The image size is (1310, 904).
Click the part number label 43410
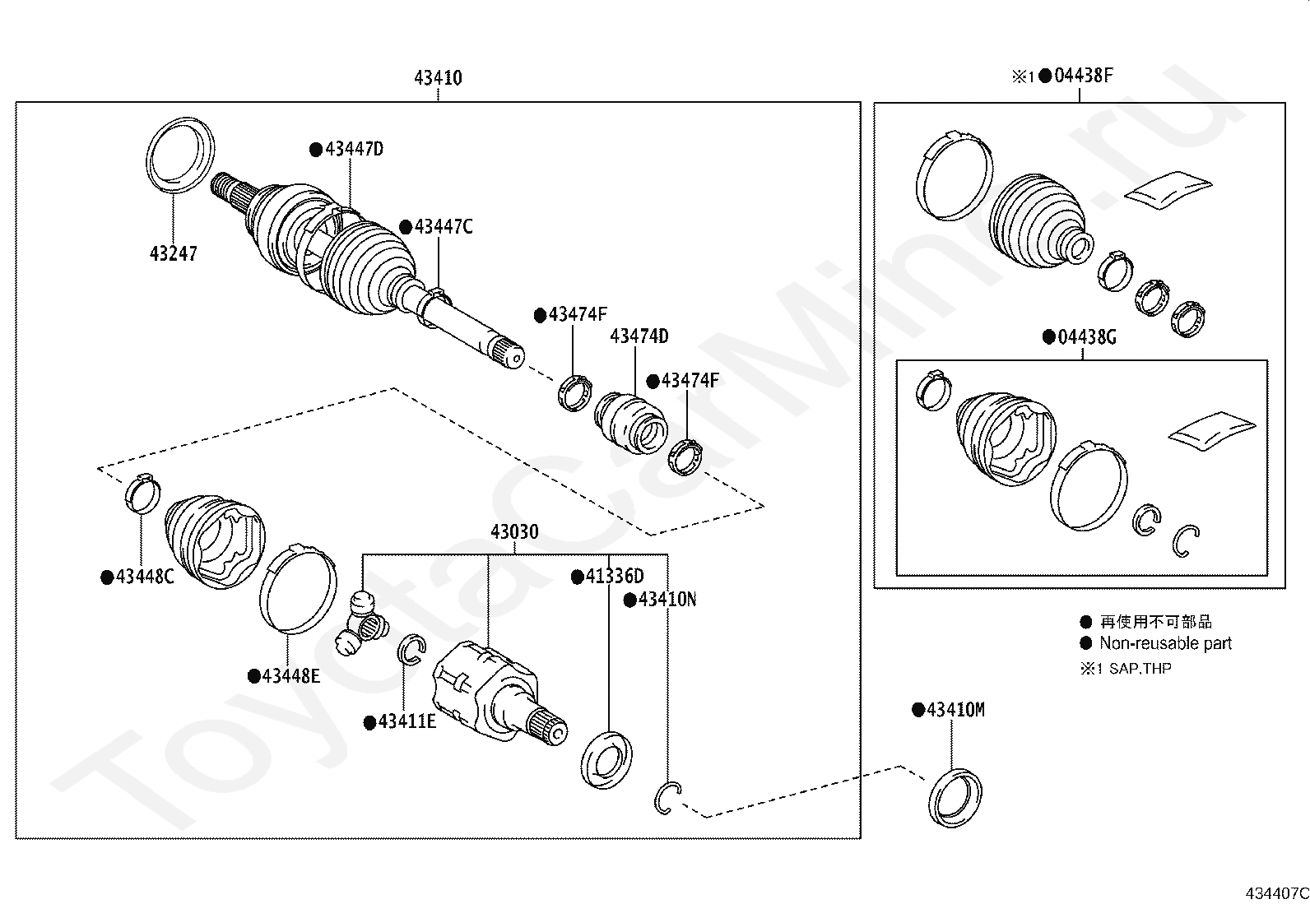pos(438,78)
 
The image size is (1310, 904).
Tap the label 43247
pos(174,253)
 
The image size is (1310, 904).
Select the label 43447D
pos(355,149)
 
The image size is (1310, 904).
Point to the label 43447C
pos(444,227)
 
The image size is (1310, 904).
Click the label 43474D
pos(639,336)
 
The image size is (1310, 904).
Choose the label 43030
pos(514,531)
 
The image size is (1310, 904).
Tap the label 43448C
pos(145,577)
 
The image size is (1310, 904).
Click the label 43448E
pos(291,676)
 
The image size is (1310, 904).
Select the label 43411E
pos(407,721)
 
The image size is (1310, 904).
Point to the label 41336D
pos(615,577)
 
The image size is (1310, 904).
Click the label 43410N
pos(667,600)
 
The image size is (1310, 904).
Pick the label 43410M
pos(956,710)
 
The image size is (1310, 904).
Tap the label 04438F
pos(1084,76)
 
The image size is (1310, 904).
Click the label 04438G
pos(1087,337)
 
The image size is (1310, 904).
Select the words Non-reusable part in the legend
pos(1165,643)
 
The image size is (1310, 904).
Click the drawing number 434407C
pos(1277,893)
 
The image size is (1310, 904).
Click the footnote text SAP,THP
pos(1140,669)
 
